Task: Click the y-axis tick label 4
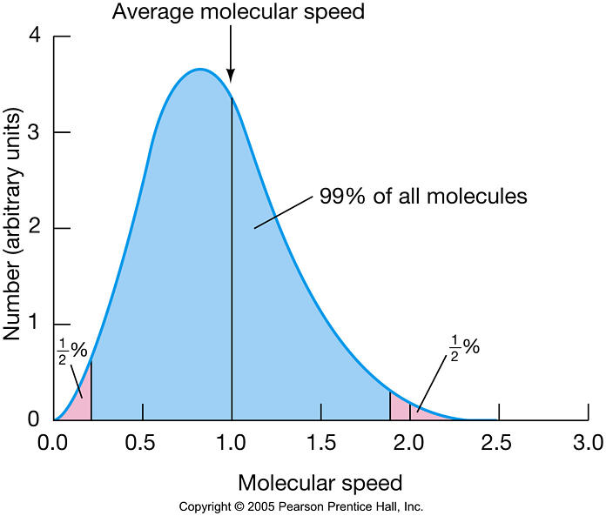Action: tap(36, 37)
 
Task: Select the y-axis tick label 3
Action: tap(36, 133)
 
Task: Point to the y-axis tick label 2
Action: tap(36, 229)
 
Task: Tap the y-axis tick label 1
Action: tap(36, 324)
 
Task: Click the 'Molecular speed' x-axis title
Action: tap(320, 481)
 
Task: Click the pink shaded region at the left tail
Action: tap(81, 400)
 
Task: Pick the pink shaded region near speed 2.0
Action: tap(401, 407)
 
